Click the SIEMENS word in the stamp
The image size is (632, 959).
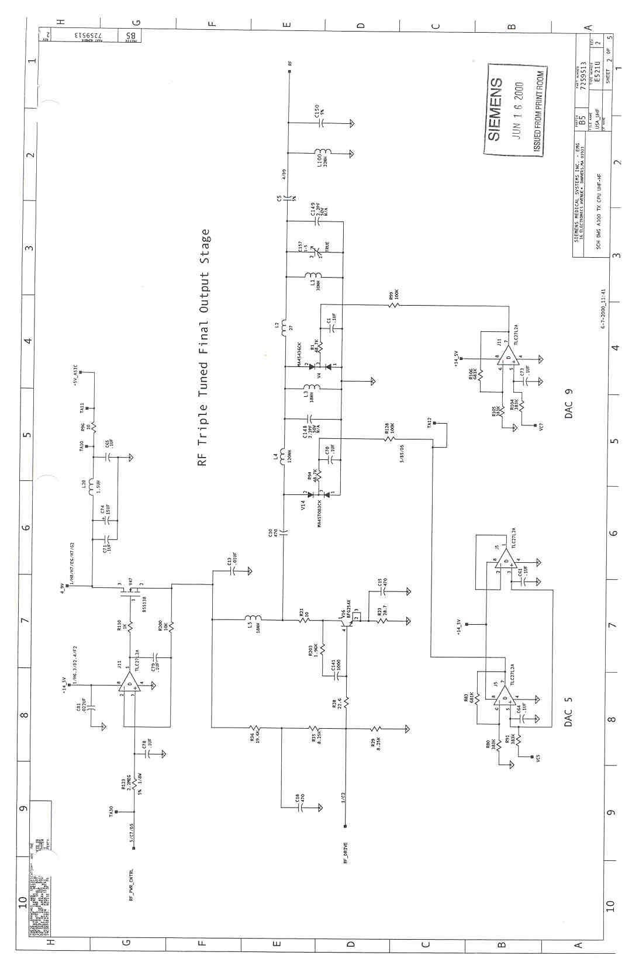[x=495, y=109]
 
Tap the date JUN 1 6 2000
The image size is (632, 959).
[x=518, y=111]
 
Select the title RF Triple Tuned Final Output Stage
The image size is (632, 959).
[x=204, y=348]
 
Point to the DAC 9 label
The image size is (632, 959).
[x=568, y=403]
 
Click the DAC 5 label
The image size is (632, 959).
[x=568, y=711]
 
